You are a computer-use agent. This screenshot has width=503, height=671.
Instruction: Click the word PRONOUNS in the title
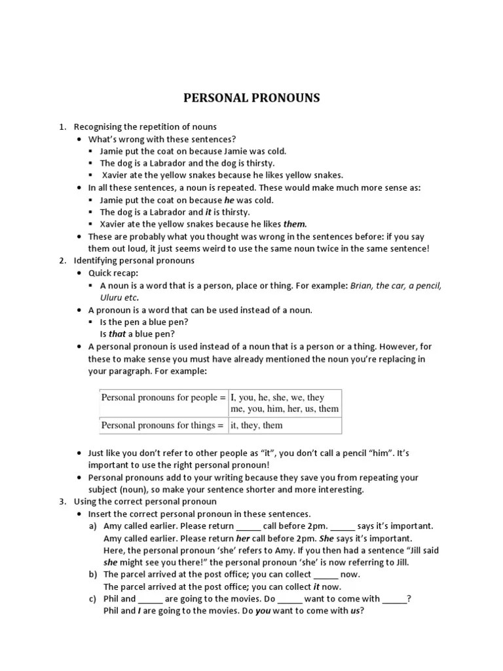(x=286, y=98)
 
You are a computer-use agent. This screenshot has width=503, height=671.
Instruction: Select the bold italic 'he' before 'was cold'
(x=229, y=200)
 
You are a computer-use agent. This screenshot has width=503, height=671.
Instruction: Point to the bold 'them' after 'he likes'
(x=295, y=224)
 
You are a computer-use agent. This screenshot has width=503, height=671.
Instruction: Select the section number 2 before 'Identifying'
(x=62, y=261)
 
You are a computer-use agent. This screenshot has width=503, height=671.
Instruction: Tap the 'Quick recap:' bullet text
(x=113, y=273)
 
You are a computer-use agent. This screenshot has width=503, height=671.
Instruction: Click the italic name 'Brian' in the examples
(x=362, y=285)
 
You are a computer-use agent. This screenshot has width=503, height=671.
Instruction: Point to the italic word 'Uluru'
(x=112, y=297)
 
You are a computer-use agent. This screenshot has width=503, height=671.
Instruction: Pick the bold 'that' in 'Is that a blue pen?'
(x=117, y=334)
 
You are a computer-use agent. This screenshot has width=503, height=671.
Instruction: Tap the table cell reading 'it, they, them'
(x=257, y=425)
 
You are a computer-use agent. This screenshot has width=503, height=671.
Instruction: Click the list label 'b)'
(x=93, y=574)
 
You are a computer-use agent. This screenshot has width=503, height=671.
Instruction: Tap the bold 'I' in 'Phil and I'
(x=139, y=611)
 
